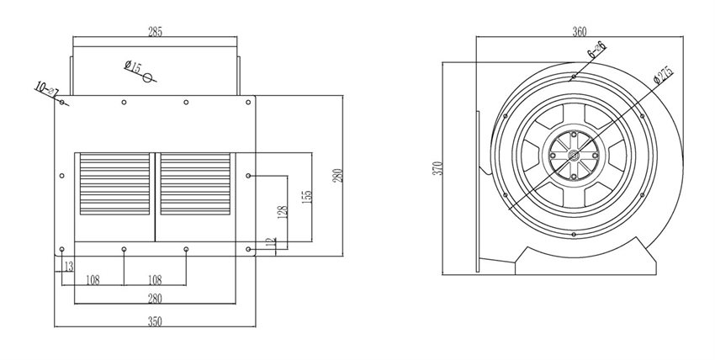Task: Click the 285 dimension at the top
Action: point(155,32)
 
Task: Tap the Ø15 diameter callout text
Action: point(132,66)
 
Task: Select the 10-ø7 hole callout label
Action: point(43,87)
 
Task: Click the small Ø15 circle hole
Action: point(148,78)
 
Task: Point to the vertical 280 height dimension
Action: point(338,175)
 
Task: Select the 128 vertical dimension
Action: point(284,212)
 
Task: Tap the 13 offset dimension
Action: point(68,267)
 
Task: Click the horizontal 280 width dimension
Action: point(155,298)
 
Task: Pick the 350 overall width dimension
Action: point(155,320)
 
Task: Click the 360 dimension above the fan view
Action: point(579,32)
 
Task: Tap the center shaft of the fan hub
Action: point(573,154)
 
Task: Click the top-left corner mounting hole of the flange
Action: point(62,103)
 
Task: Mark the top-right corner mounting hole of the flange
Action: point(248,103)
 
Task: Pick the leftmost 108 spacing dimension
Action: point(93,279)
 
